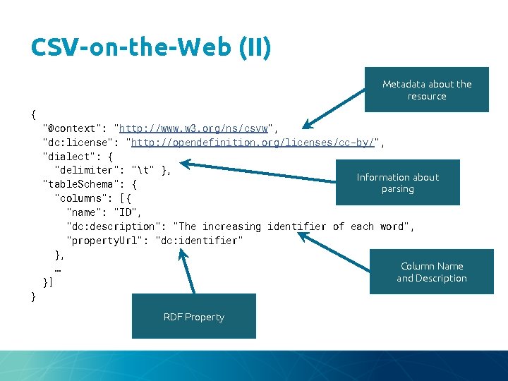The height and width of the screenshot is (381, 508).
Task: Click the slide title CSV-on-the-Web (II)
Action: tap(150, 47)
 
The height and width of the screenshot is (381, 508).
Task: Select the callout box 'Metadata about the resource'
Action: tap(427, 90)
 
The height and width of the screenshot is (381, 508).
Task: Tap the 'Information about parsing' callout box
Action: tap(397, 183)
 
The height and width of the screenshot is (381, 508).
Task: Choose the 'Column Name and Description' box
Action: tap(431, 272)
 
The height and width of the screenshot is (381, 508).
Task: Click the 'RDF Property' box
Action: tap(193, 317)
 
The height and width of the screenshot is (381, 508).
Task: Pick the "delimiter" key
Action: tap(87, 170)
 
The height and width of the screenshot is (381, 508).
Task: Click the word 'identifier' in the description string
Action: tap(296, 226)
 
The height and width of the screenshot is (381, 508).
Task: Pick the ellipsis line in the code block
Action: tap(57, 269)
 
